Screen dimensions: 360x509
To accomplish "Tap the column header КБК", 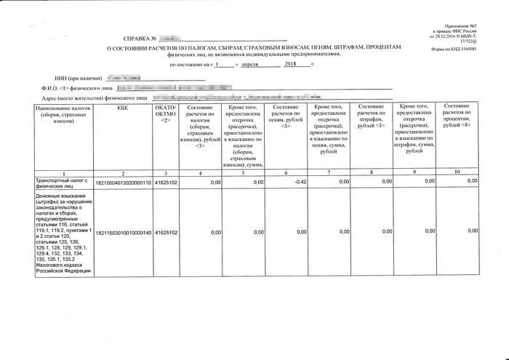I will [x=122, y=108].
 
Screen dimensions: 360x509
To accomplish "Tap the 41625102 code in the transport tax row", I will [x=167, y=183].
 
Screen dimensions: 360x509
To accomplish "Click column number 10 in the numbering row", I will [x=457, y=172].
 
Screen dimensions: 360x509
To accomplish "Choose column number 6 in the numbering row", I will [x=285, y=172].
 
